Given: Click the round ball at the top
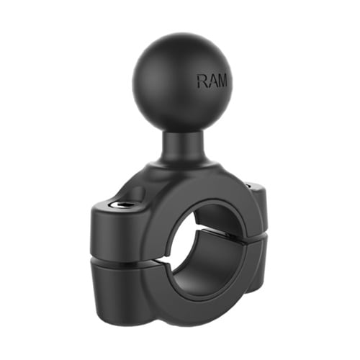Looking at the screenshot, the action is [x=182, y=84].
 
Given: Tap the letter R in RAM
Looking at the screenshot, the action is [x=202, y=81].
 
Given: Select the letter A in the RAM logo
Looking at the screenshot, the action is [x=212, y=81].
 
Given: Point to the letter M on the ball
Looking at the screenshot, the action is [x=222, y=80].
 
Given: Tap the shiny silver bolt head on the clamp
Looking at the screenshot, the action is [x=119, y=204].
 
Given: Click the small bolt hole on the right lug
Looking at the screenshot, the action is [x=249, y=185].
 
